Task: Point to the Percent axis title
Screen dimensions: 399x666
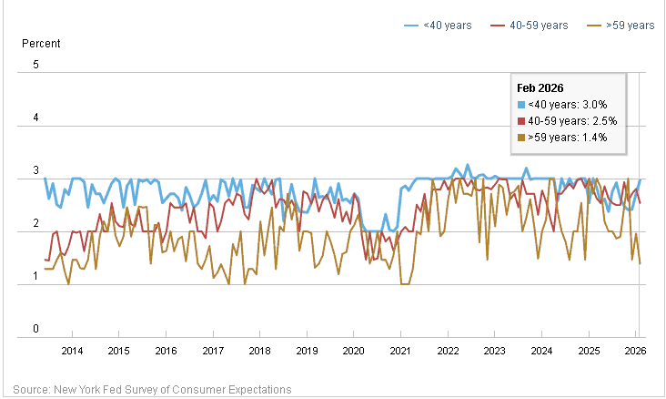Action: point(40,44)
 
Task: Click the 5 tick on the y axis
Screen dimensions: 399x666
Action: point(35,65)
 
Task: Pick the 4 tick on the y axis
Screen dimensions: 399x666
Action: point(35,118)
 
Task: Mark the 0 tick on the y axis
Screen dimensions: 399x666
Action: point(35,330)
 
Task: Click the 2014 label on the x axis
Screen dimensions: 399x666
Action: point(72,351)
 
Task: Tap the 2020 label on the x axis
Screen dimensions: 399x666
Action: point(353,351)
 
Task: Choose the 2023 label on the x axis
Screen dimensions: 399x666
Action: point(494,351)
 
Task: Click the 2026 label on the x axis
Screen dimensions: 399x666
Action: point(634,351)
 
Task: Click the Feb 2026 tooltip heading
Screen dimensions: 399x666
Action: point(540,88)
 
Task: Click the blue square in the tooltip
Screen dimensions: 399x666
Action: point(521,105)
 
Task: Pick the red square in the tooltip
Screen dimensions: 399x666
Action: point(521,121)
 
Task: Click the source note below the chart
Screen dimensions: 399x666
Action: point(152,389)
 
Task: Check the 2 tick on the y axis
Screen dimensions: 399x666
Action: point(35,224)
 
